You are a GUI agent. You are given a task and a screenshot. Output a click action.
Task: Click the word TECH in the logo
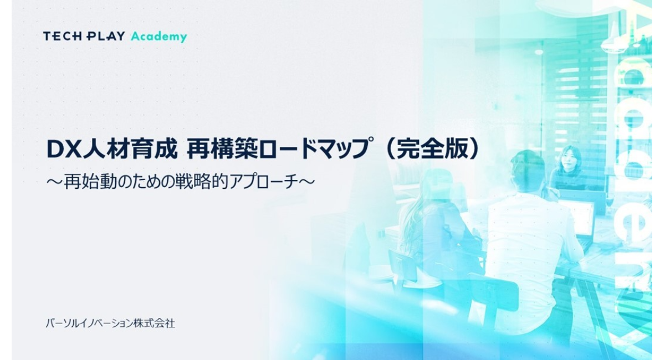(62, 36)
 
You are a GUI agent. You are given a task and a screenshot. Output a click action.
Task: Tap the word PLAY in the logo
(105, 36)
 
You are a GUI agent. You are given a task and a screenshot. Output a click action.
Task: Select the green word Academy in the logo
(159, 37)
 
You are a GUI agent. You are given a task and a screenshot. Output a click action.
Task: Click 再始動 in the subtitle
(90, 182)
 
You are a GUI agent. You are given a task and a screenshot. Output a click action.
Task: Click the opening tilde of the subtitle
(55, 182)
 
